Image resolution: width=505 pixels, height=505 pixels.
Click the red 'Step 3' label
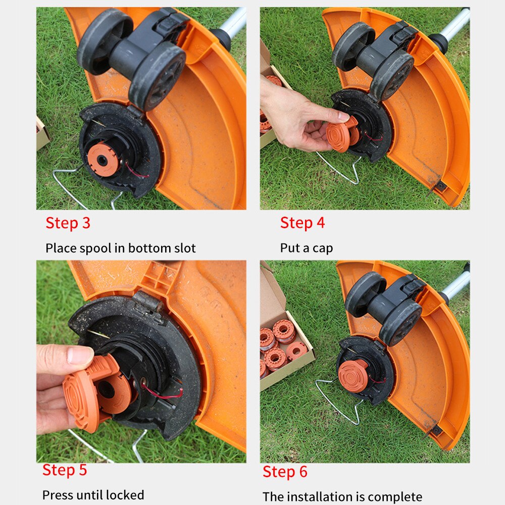pos(68,223)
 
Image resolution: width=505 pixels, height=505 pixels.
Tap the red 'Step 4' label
pos(302,223)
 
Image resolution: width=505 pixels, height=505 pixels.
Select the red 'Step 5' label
pos(65,470)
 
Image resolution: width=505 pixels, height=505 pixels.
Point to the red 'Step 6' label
pos(285,472)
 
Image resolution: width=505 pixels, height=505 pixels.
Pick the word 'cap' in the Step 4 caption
pos(323,248)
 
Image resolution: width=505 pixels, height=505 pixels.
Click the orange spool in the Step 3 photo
pos(104,159)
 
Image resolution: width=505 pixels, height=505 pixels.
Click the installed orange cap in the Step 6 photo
pos(353,376)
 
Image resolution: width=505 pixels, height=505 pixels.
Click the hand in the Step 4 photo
pos(293,116)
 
